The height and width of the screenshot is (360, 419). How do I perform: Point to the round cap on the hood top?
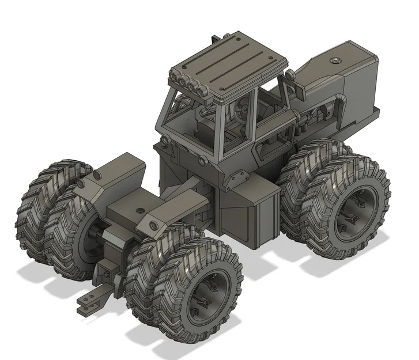(335, 60)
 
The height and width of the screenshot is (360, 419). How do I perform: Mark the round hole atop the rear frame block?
(141, 210)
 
